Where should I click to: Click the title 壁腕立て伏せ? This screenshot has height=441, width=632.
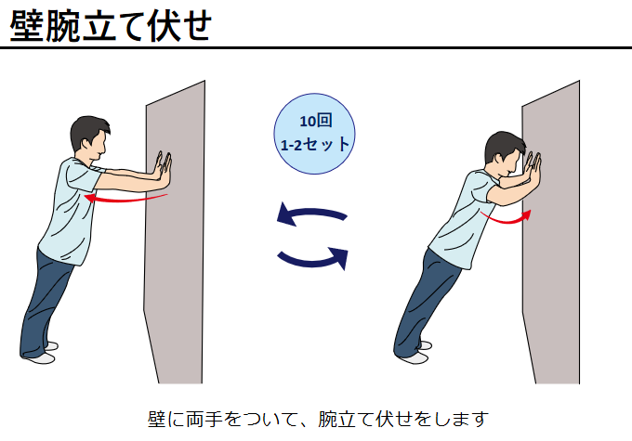pyautogui.click(x=111, y=26)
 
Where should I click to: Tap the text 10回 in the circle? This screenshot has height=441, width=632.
pyautogui.click(x=316, y=121)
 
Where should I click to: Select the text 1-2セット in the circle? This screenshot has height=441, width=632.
pyautogui.click(x=315, y=144)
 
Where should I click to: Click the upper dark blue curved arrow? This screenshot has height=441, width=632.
pyautogui.click(x=311, y=213)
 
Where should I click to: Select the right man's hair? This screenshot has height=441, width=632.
pyautogui.click(x=503, y=144)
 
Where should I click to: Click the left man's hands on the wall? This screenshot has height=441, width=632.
pyautogui.click(x=164, y=167)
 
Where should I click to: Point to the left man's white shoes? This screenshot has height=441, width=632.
pyautogui.click(x=44, y=353)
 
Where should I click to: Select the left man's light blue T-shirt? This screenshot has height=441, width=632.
pyautogui.click(x=70, y=211)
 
